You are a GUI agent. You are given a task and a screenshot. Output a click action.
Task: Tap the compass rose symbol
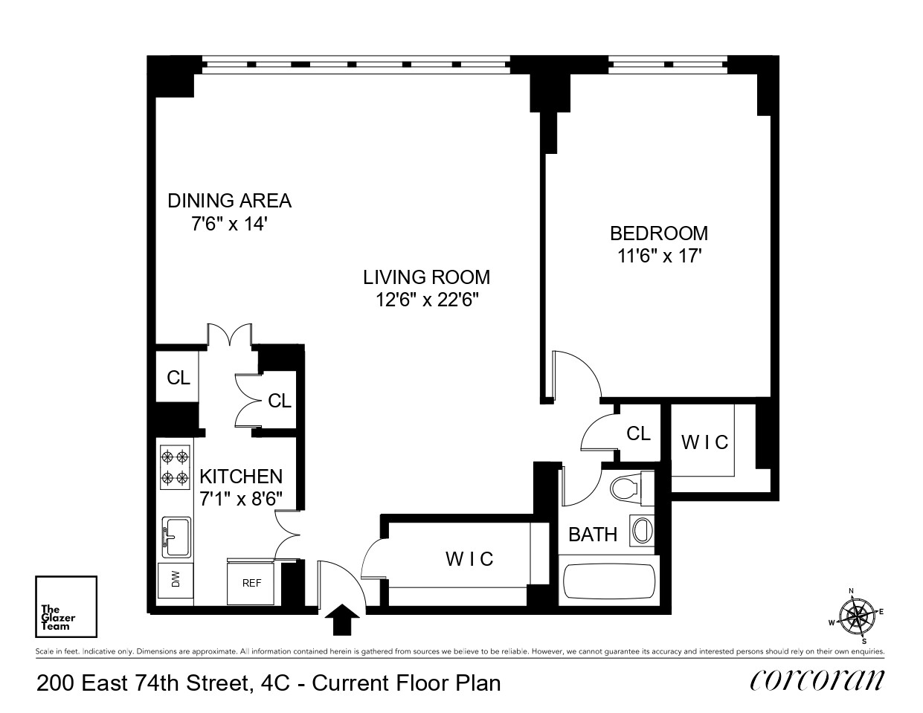pyautogui.click(x=858, y=616)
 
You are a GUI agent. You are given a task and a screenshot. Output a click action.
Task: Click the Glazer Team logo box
pyautogui.click(x=66, y=607)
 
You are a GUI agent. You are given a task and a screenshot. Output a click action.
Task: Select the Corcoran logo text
pyautogui.click(x=817, y=680)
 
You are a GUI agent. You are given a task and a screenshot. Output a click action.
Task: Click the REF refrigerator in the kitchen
pyautogui.click(x=252, y=583)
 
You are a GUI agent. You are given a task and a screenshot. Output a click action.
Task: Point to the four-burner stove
pyautogui.click(x=176, y=467)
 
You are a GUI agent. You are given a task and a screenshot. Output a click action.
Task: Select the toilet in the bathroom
pyautogui.click(x=627, y=488)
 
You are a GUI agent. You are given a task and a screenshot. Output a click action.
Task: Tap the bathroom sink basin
pyautogui.click(x=641, y=531)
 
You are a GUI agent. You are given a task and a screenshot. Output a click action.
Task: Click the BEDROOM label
pyautogui.click(x=658, y=233)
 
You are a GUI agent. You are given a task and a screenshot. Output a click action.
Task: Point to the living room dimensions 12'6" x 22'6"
pyautogui.click(x=426, y=300)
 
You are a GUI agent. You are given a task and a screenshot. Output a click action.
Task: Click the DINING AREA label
pyautogui.click(x=229, y=201)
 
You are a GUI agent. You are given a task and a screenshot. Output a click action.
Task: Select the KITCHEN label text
pyautogui.click(x=241, y=477)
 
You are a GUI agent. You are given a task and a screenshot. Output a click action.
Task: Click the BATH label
pyautogui.click(x=593, y=534)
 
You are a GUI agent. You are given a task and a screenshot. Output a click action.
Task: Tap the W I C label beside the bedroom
pyautogui.click(x=704, y=442)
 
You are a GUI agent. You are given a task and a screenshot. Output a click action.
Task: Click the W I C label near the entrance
pyautogui.click(x=469, y=558)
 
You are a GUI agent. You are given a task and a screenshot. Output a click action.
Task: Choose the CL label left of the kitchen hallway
pyautogui.click(x=179, y=378)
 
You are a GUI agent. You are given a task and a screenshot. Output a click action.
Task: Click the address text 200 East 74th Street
pyautogui.click(x=141, y=683)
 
